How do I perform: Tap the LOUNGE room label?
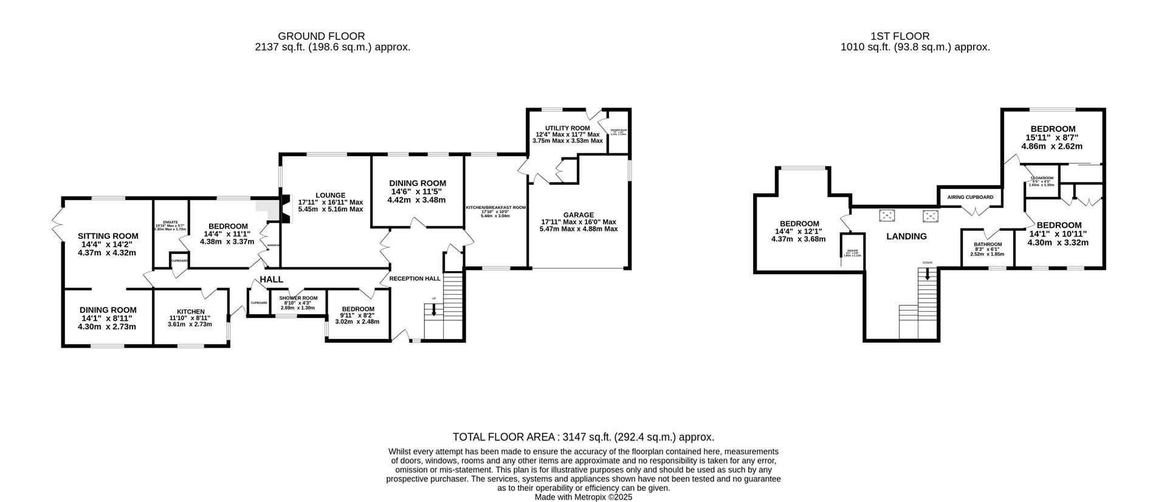point(330,195)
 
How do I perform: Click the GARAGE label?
point(578,215)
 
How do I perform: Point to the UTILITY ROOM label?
point(567,128)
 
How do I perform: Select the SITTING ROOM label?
point(108,236)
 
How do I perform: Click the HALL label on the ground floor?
point(271,280)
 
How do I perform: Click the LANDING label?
point(906,236)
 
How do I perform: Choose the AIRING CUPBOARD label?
point(970,198)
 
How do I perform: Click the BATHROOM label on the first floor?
point(988,244)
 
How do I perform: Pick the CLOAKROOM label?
point(1042,178)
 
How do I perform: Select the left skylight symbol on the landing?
point(887,215)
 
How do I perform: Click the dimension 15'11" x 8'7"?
point(1052,138)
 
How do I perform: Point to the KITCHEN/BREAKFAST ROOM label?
point(495,207)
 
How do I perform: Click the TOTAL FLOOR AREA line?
point(583,437)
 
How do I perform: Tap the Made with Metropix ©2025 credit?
point(583,497)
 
